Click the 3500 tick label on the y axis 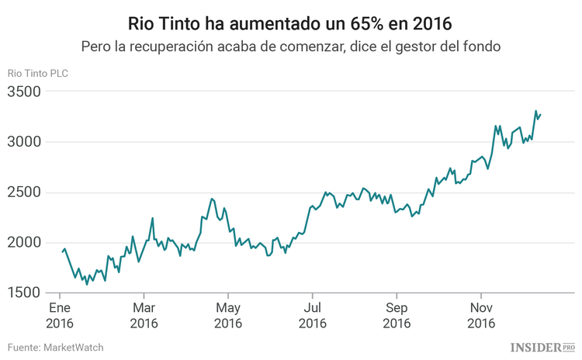click(x=24, y=92)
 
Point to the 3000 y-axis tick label click(x=24, y=143)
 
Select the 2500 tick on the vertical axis click(x=24, y=193)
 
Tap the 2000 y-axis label click(x=24, y=244)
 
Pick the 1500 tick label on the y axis click(x=24, y=293)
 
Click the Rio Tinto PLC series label click(x=38, y=73)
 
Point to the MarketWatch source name click(x=75, y=347)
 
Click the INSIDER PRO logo click(x=542, y=346)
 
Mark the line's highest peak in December click(x=535, y=111)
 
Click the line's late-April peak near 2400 click(x=212, y=199)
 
